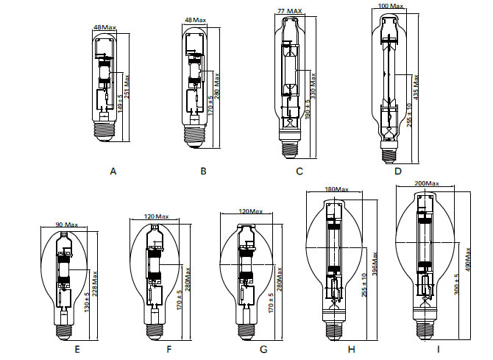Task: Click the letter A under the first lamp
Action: click(113, 171)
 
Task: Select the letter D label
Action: click(398, 171)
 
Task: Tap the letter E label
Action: click(76, 350)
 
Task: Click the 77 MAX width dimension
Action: click(290, 11)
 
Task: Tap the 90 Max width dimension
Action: click(67, 225)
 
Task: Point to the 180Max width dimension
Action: click(336, 189)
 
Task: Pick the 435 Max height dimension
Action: click(416, 85)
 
